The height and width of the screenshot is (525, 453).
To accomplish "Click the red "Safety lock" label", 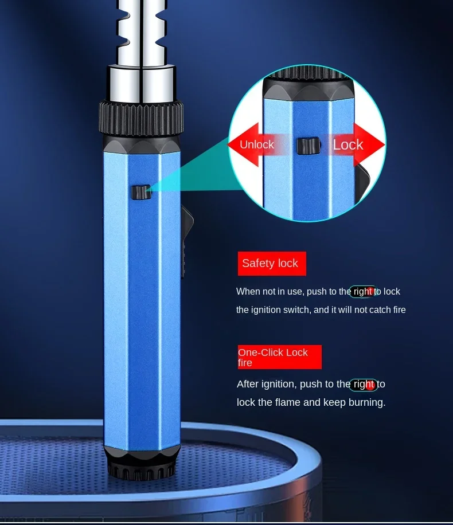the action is pyautogui.click(x=272, y=264).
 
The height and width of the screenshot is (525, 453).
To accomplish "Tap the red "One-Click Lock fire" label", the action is pyautogui.click(x=279, y=357).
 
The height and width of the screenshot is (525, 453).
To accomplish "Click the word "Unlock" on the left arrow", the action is pyautogui.click(x=257, y=144).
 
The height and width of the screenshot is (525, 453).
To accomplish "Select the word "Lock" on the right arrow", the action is pyautogui.click(x=348, y=144).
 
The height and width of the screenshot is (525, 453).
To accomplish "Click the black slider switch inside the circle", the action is pyautogui.click(x=308, y=146).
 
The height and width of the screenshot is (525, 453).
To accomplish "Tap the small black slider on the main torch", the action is pyautogui.click(x=141, y=192).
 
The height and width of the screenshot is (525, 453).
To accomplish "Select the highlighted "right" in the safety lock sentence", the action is pyautogui.click(x=363, y=291).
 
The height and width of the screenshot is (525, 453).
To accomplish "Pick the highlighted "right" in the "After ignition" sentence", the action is pyautogui.click(x=364, y=384).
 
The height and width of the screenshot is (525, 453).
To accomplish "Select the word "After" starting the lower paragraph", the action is pyautogui.click(x=248, y=383).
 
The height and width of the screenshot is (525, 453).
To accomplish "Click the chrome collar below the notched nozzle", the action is pyautogui.click(x=141, y=84).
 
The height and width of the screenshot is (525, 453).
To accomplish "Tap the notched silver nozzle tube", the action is pyautogui.click(x=142, y=33).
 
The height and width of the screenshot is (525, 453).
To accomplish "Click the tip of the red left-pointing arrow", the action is pyautogui.click(x=228, y=144).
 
